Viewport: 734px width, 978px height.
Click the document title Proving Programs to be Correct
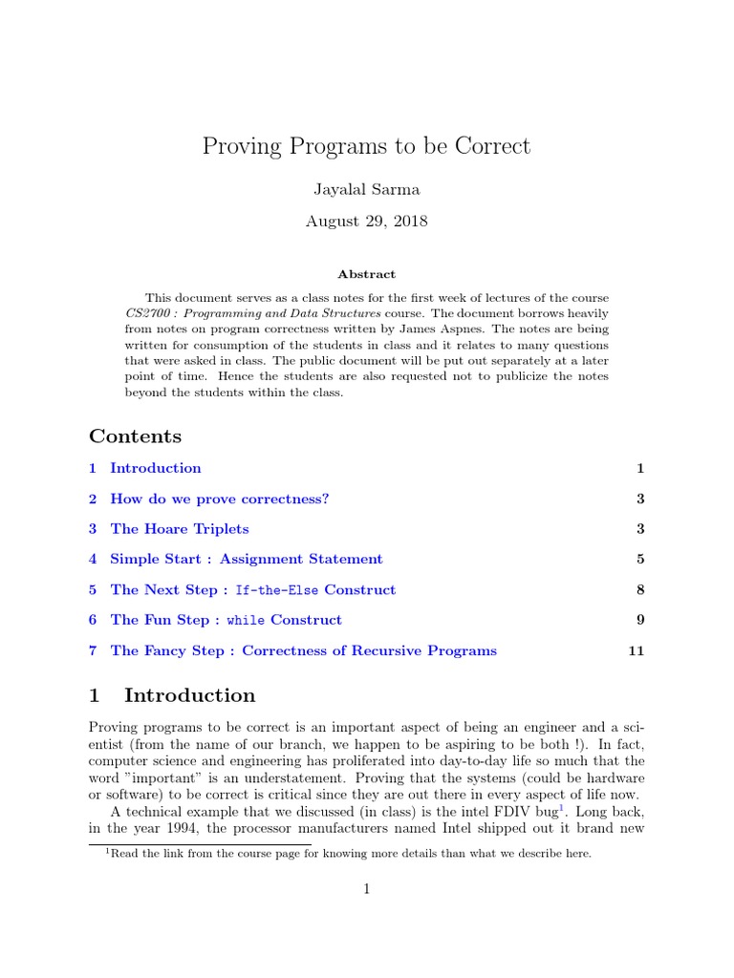tap(366, 146)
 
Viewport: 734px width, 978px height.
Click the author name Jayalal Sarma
tap(366, 190)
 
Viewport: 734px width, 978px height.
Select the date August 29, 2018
tap(366, 221)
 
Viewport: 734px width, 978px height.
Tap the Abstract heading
tap(366, 274)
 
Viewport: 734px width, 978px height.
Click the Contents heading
tap(135, 436)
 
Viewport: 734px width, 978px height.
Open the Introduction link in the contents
tap(156, 468)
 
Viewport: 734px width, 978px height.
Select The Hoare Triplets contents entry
tap(180, 529)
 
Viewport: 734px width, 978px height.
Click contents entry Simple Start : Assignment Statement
tap(247, 560)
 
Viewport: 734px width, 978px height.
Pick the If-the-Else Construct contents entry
tap(252, 590)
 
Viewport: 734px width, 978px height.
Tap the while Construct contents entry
tap(226, 621)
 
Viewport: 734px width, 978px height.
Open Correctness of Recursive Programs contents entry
tap(304, 651)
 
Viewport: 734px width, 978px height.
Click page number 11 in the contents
tap(637, 651)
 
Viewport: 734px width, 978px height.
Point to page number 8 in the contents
tap(640, 590)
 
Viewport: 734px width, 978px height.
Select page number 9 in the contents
tap(640, 621)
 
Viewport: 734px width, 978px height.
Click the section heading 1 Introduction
tap(172, 695)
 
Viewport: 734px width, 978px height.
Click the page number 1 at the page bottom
tap(366, 889)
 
